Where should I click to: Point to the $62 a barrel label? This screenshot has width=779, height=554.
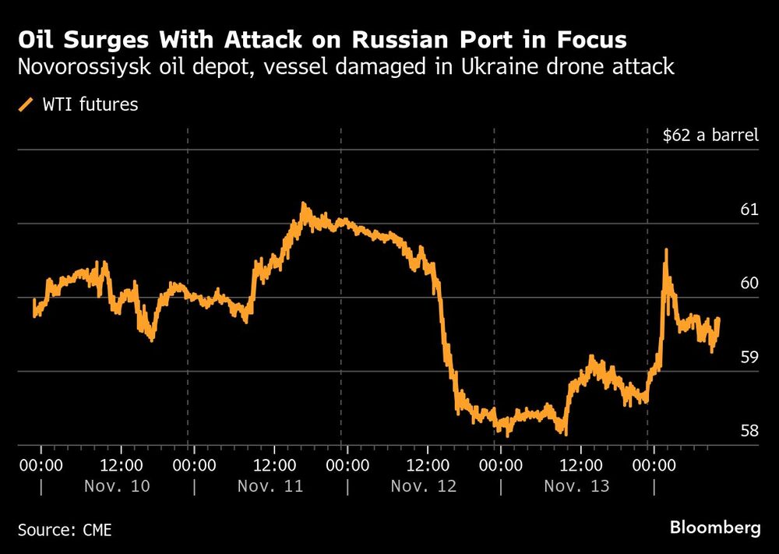710,136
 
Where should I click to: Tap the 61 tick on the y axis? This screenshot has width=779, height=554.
749,210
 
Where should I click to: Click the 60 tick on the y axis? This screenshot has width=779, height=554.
749,283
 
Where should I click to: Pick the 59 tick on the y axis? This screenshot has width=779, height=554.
749,357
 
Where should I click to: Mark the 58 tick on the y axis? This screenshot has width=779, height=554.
749,430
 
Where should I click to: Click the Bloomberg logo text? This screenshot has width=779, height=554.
715,528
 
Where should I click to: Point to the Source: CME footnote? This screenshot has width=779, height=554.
65,530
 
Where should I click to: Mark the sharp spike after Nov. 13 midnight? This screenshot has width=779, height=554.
665,251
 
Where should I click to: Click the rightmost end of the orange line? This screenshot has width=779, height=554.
718,319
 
